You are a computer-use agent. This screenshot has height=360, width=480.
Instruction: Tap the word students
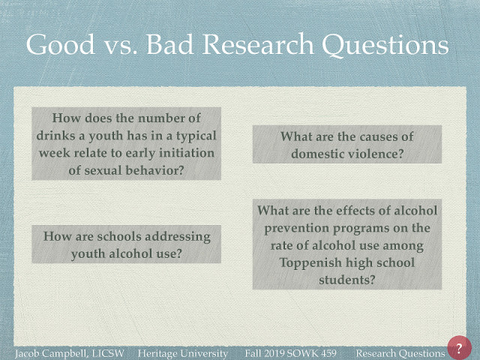click(346, 280)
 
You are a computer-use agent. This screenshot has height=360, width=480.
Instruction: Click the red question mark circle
click(458, 349)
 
